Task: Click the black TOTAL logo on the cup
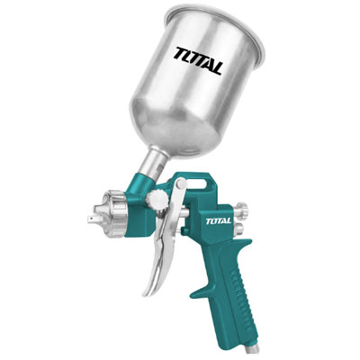tap(199, 60)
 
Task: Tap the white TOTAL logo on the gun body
tap(219, 221)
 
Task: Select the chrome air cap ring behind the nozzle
tap(114, 213)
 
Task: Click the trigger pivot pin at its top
tap(181, 184)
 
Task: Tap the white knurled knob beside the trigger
tap(157, 200)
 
